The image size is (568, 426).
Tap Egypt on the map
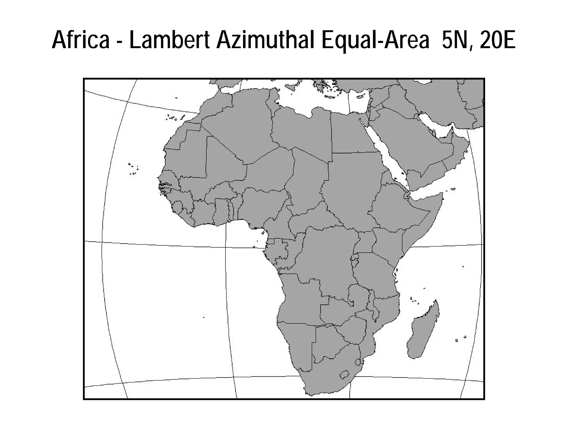(x=352, y=133)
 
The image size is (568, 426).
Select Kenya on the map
(x=388, y=244)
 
